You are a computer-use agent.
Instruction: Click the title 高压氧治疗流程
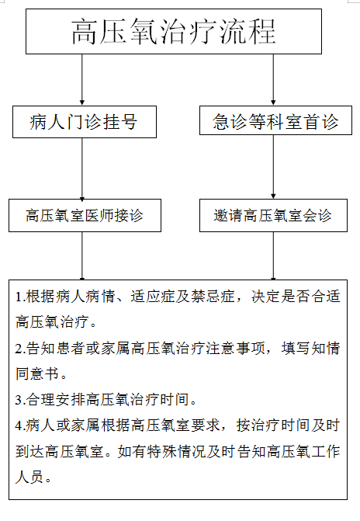[x=173, y=32]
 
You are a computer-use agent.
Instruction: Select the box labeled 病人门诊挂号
[x=85, y=122]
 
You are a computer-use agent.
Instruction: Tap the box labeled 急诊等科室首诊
[x=275, y=120]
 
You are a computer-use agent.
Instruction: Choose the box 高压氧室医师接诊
[x=85, y=215]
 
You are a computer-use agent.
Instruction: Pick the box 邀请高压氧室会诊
[x=273, y=215]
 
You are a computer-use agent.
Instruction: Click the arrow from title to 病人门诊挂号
[x=82, y=80]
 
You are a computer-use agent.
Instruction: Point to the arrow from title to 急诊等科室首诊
[x=273, y=80]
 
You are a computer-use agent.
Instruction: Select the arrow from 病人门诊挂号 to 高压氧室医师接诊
[x=82, y=168]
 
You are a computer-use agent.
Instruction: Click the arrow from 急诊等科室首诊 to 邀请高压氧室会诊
[x=273, y=167]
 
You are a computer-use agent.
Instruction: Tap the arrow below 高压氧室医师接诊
[x=82, y=256]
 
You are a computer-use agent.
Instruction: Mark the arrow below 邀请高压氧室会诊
[x=273, y=256]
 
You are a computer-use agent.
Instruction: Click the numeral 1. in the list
[x=20, y=297]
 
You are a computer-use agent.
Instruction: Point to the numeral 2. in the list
[x=20, y=348]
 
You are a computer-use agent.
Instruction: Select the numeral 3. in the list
[x=20, y=400]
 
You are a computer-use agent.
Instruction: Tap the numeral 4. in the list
[x=20, y=425]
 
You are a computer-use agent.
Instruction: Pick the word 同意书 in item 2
[x=37, y=373]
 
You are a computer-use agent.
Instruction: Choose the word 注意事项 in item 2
[x=235, y=348]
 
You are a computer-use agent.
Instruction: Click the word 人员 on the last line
[x=29, y=478]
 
